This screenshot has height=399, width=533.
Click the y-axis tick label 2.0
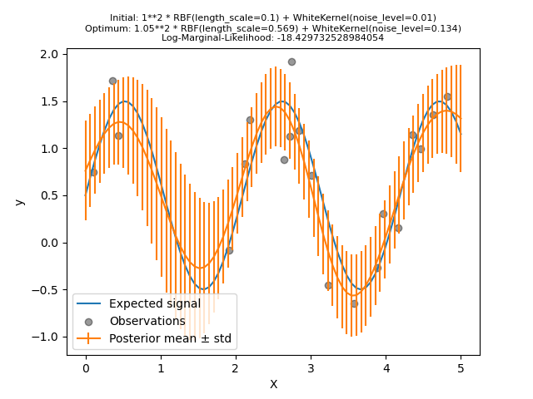pyautogui.click(x=50, y=54)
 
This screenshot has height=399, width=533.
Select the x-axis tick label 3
pyautogui.click(x=311, y=367)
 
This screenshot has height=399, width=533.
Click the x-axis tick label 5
pyautogui.click(x=461, y=367)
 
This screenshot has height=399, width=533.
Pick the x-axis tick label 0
pyautogui.click(x=85, y=367)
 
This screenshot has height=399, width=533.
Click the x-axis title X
pyautogui.click(x=273, y=384)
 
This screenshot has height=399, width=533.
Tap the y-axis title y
pyautogui.click(x=20, y=202)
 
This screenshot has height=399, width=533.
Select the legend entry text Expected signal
pyautogui.click(x=155, y=303)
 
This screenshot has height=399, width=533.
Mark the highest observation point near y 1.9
pyautogui.click(x=291, y=62)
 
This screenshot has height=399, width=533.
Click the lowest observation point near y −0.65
pyautogui.click(x=354, y=303)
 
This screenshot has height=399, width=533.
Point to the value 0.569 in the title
pyautogui.click(x=266, y=28)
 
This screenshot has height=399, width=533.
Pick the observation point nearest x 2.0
pyautogui.click(x=229, y=250)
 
